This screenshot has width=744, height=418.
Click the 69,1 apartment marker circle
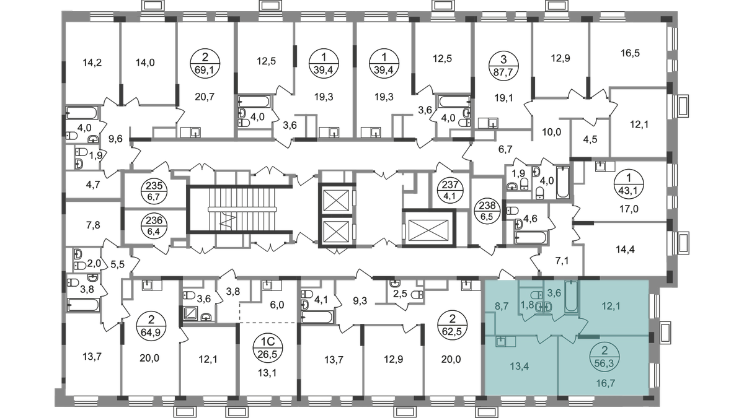[x=205, y=64]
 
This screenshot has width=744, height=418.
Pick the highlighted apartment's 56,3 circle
[x=604, y=357]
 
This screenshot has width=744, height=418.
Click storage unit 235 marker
[x=154, y=191]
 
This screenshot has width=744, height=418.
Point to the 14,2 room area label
[x=92, y=63]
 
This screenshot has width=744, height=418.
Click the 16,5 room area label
[x=630, y=53]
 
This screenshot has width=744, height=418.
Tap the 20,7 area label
[x=205, y=97]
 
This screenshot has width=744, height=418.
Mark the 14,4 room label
[x=625, y=250]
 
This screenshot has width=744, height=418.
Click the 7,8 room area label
[x=93, y=225]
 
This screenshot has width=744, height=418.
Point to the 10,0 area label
[x=551, y=132]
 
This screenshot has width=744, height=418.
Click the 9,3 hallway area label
[x=360, y=302]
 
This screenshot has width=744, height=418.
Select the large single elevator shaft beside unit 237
[x=428, y=230]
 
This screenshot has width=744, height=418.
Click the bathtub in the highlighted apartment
[x=572, y=296]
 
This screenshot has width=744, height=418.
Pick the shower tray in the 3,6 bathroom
[x=191, y=313]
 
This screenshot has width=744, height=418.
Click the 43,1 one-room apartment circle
[x=629, y=184]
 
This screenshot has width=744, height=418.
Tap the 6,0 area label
[x=277, y=305]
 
